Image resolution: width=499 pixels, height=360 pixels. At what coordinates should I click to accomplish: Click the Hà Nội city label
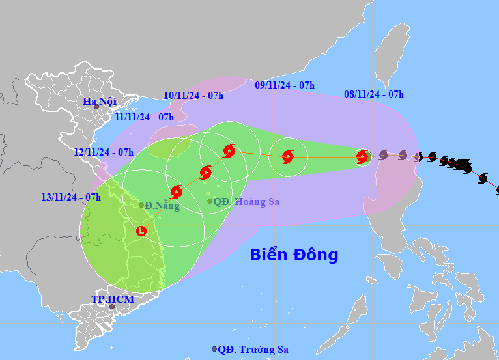click(100, 101)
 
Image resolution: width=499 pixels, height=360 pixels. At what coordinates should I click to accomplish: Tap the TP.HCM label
click(112, 299)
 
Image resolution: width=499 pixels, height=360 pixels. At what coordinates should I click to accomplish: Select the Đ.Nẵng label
click(162, 206)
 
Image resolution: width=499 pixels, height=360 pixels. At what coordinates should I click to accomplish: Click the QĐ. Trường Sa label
click(253, 350)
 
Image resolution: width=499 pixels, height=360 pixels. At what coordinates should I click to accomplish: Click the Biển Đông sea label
click(294, 255)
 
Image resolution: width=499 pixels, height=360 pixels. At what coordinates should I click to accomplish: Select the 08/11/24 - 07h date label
click(374, 94)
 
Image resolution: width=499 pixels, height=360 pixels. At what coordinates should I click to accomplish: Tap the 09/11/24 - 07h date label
click(285, 85)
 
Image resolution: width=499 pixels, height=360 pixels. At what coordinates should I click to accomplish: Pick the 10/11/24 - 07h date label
click(193, 96)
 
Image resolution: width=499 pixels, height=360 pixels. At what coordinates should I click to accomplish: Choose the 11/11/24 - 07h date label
click(144, 117)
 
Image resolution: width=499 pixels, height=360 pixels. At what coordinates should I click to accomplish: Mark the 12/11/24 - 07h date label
click(104, 152)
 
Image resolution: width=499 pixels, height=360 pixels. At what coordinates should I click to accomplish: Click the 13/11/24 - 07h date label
click(70, 197)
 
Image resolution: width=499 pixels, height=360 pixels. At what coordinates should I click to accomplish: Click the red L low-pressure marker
click(141, 230)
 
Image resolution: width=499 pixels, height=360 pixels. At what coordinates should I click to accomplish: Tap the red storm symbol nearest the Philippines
click(363, 156)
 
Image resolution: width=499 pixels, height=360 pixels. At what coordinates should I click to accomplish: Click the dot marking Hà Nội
click(96, 107)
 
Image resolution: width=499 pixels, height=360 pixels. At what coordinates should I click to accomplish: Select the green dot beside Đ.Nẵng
click(141, 205)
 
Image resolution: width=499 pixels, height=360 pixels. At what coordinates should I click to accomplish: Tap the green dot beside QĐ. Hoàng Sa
click(210, 201)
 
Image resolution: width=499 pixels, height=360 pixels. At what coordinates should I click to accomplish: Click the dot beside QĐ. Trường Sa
click(214, 350)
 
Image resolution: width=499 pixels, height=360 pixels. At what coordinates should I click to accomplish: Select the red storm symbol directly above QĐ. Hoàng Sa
click(206, 173)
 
